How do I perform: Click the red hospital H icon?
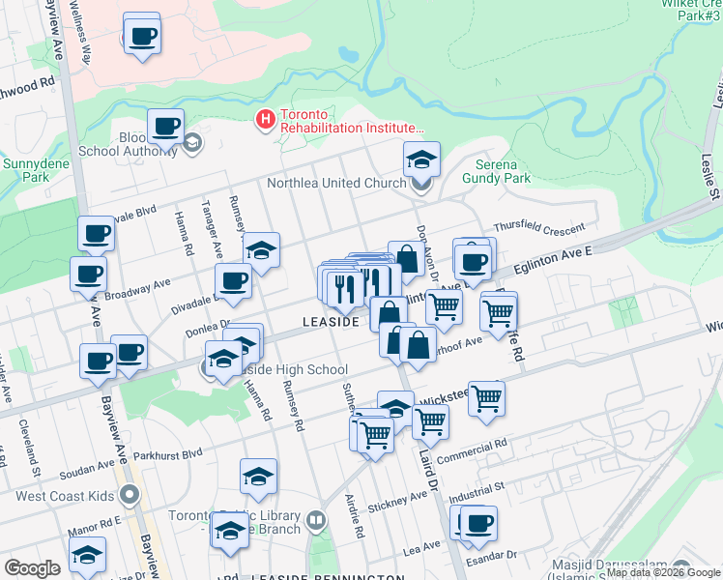pyautogui.click(x=263, y=120)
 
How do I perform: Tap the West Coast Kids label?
pyautogui.click(x=66, y=497)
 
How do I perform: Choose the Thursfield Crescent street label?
pyautogui.click(x=539, y=228)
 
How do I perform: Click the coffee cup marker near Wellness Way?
pyautogui.click(x=142, y=36)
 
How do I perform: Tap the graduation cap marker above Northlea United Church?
pyautogui.click(x=421, y=159)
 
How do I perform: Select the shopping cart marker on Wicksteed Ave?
pyautogui.click(x=486, y=397)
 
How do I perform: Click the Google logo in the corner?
pyautogui.click(x=31, y=567)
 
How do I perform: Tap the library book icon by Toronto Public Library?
pyautogui.click(x=315, y=522)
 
